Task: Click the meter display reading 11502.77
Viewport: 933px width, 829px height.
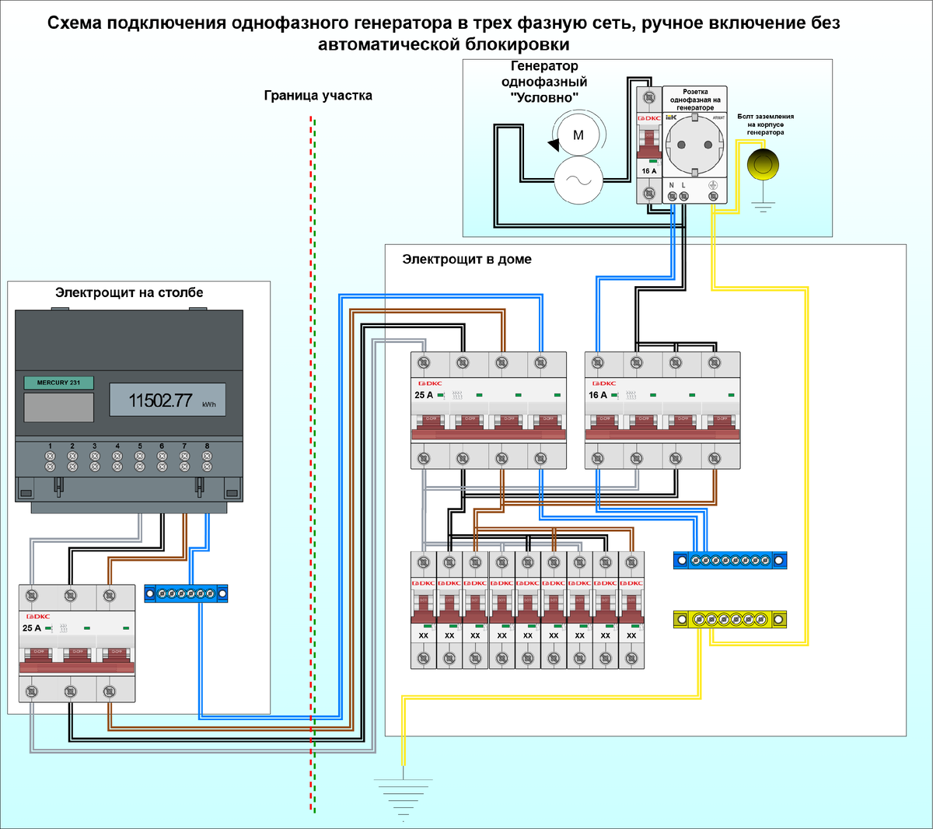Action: point(160,401)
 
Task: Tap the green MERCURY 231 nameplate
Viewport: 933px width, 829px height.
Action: point(58,383)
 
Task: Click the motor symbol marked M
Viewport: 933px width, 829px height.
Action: point(578,135)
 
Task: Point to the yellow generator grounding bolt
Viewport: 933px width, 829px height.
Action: point(763,164)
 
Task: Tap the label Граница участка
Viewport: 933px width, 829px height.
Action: point(318,96)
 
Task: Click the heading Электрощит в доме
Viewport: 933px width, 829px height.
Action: point(466,259)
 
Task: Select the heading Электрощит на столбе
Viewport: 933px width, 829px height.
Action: point(129,292)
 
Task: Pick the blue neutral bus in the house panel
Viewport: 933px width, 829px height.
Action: point(730,560)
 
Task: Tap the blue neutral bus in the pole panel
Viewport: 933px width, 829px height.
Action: point(186,594)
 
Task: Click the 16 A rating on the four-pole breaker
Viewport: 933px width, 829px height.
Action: point(598,395)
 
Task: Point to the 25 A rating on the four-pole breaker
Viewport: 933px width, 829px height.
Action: point(424,395)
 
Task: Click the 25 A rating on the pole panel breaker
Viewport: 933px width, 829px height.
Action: point(32,628)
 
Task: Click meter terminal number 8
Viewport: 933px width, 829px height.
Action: point(207,456)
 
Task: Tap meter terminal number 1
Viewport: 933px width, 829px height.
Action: point(50,456)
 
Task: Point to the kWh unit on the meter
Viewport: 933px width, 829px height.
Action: point(208,405)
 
